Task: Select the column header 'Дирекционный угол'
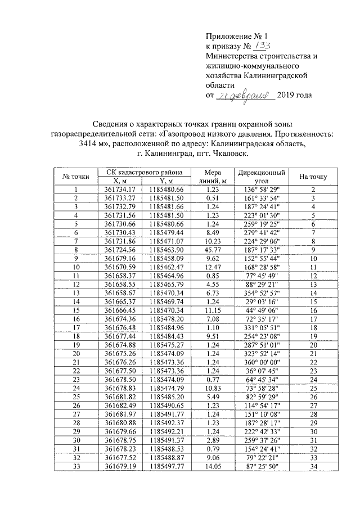coord(260,177)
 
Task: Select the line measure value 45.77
coord(213,249)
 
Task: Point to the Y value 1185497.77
coord(168,466)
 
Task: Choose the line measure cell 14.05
coord(213,466)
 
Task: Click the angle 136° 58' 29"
coord(260,190)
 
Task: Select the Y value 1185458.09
coord(168,258)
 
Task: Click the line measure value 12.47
coord(213,266)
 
